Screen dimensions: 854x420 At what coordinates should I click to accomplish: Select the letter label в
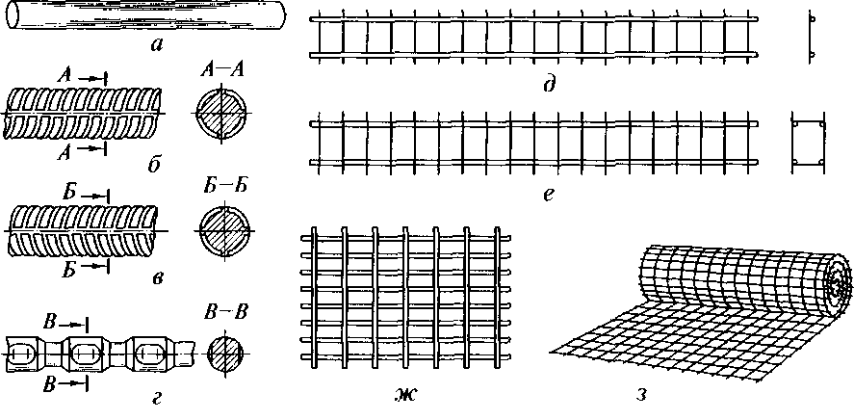156,280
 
